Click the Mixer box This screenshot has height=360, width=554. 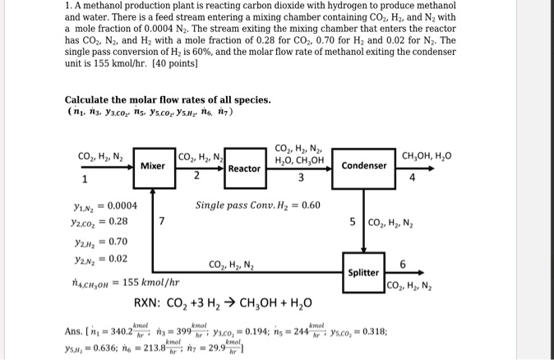pos(152,165)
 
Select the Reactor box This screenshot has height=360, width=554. pos(244,168)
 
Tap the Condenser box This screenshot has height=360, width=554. pos(362,165)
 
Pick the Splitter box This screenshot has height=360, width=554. pos(363,272)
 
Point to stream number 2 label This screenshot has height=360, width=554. pos(196,175)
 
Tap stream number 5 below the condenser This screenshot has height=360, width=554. pos(353,221)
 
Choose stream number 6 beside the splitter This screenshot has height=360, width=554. pos(402,264)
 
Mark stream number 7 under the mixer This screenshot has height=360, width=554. pos(162,221)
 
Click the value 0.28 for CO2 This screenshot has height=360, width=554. pos(118,222)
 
